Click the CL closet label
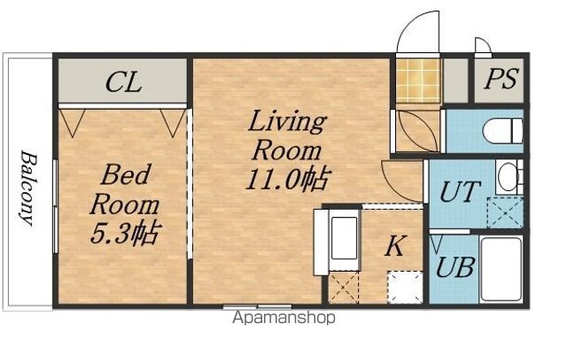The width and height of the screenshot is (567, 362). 123,82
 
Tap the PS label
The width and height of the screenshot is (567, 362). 501,79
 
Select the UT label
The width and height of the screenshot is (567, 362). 460,191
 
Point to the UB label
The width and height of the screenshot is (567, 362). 455,267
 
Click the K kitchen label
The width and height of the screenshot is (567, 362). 395,246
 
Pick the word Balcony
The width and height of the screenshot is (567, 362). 28,188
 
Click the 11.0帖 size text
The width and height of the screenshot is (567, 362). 288,179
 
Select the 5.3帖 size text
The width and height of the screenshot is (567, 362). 125,233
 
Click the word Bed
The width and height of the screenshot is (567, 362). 125,174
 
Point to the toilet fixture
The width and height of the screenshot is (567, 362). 502,131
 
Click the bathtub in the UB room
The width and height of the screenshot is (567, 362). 501,269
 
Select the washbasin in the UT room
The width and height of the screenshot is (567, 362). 509,177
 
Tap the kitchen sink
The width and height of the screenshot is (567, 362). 344,238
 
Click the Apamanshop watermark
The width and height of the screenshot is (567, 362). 284,318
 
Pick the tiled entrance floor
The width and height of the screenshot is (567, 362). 418,81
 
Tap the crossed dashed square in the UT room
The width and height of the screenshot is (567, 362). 505,212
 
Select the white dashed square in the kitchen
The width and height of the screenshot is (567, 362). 405,288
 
